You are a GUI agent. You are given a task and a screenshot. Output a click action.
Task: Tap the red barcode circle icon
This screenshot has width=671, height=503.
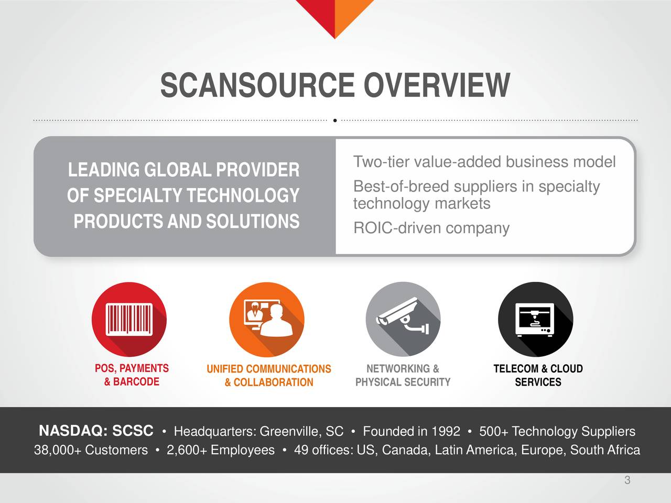[x=129, y=319]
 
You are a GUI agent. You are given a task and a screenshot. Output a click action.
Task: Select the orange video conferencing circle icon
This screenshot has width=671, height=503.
[x=267, y=319]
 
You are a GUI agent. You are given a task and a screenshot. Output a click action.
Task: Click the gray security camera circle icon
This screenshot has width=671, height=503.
[x=403, y=319]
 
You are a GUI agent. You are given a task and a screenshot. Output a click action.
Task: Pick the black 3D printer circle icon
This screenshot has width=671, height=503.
[x=535, y=319]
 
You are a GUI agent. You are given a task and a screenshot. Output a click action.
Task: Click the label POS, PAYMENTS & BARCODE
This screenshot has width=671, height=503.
[x=132, y=375]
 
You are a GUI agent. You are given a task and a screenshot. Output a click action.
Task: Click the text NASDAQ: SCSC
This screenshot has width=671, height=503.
[x=96, y=431]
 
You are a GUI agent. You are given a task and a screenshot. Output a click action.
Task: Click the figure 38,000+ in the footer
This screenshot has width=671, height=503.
[x=57, y=450]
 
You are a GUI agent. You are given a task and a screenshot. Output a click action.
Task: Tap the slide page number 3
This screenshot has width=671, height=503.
[x=627, y=480]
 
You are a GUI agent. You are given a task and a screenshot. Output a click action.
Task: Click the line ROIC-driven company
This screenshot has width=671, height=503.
[x=431, y=228]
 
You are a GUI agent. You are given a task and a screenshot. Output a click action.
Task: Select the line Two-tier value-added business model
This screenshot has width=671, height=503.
[x=484, y=162]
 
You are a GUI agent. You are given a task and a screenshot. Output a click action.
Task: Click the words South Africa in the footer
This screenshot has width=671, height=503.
[x=605, y=450]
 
